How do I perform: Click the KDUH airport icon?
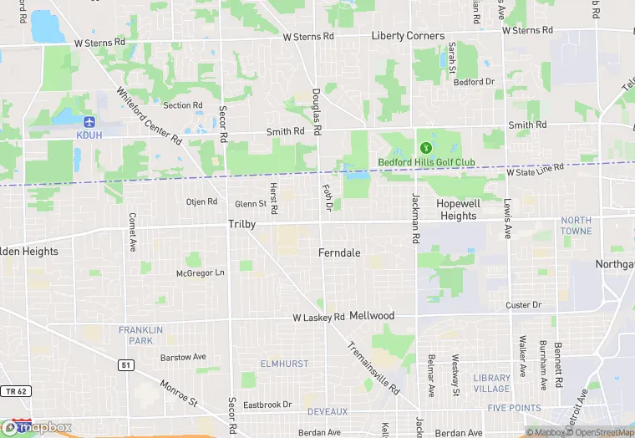coord(89,121)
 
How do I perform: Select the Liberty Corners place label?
coord(408,36)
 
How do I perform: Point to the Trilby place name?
coord(241,224)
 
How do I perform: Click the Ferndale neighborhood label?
coord(339,252)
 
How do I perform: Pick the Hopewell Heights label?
coord(456,210)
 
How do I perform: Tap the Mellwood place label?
coord(371,316)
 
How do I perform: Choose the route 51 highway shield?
coord(125,364)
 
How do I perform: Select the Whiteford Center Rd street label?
coord(149,116)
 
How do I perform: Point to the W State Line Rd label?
coord(536,169)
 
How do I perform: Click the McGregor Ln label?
coord(201,272)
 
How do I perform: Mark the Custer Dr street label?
coord(524,305)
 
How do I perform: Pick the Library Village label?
coord(490,383)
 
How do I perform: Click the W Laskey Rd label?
coord(318,318)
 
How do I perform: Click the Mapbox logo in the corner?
coord(38,427)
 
